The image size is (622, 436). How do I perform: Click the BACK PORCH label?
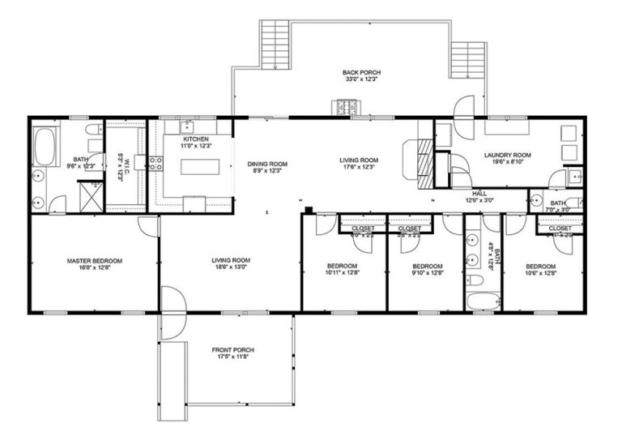coord(361,73)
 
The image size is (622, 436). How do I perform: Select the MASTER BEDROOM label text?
coord(95,261)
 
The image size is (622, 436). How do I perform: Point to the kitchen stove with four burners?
coord(156,163)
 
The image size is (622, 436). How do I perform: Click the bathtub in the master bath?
coord(44,147)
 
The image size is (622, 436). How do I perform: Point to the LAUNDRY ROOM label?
coord(507,155)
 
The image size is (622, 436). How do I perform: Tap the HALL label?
coord(479,194)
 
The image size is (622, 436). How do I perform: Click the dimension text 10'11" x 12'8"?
coord(343,272)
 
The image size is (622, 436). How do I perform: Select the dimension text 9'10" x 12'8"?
coord(427,272)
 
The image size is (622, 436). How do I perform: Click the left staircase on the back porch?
coord(275,45)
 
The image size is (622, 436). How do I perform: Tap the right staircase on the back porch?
coord(466,62)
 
